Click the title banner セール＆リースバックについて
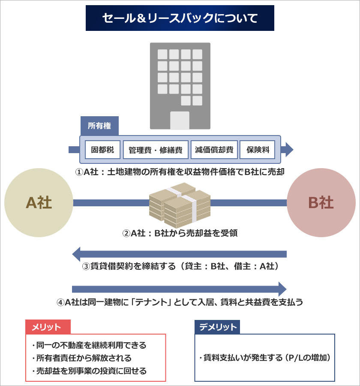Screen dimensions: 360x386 click(x=180, y=18)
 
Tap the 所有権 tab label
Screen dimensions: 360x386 click(x=99, y=126)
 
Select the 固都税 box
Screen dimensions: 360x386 click(x=102, y=150)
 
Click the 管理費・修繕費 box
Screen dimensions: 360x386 click(x=156, y=150)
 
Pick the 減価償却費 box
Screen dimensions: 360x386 click(x=214, y=150)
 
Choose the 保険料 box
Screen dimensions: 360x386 click(x=258, y=150)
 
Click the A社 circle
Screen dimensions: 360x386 click(x=39, y=202)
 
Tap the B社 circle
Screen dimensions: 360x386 click(x=321, y=202)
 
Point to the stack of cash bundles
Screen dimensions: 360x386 click(x=180, y=205)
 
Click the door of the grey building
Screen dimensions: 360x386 click(x=180, y=121)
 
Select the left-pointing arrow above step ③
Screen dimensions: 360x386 click(x=180, y=254)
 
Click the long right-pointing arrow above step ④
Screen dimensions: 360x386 click(x=180, y=289)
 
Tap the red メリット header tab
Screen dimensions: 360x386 click(x=48, y=327)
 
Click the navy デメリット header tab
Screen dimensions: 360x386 click(x=217, y=327)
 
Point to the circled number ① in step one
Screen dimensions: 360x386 click(x=79, y=172)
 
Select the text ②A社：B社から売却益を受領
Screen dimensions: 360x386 click(x=180, y=233)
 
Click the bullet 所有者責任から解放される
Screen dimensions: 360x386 click(x=82, y=358)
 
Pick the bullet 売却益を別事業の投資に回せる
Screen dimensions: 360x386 click(x=89, y=371)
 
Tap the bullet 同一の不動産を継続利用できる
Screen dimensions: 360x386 click(x=89, y=345)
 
